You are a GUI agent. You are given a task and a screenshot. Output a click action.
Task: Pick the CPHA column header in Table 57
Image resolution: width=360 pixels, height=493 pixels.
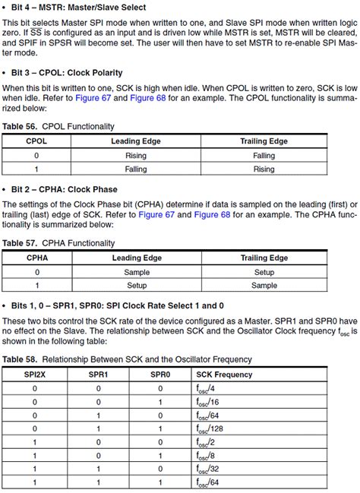(38, 258)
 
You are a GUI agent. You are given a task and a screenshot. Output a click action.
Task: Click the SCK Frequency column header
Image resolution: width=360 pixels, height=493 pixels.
(226, 374)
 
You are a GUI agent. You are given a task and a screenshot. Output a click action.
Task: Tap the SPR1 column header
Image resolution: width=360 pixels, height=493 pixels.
(97, 374)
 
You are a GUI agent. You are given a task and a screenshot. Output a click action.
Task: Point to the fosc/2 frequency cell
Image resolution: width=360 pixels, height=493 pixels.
(204, 442)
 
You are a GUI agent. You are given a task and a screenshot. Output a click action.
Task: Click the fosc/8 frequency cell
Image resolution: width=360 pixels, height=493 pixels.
(204, 456)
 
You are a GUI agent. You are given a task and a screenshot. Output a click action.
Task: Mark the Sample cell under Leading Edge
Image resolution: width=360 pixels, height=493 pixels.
(137, 271)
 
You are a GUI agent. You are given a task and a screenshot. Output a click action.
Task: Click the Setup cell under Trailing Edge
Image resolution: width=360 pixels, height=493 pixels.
(264, 271)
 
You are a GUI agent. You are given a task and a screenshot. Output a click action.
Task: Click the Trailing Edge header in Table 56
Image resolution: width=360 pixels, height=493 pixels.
(264, 141)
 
